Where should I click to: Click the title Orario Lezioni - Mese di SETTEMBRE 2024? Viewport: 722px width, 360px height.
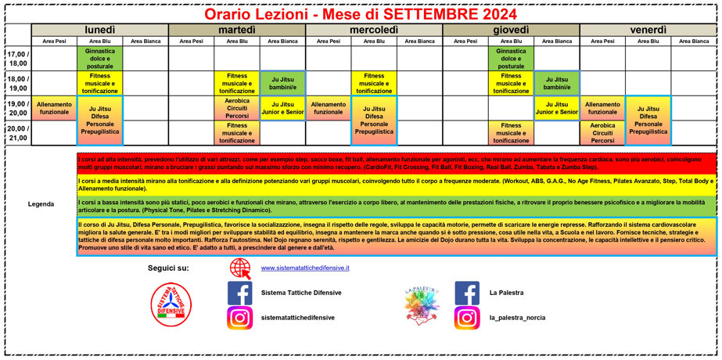[360, 13]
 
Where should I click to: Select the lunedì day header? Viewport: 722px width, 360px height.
[99, 29]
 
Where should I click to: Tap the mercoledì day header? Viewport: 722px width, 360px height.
[374, 29]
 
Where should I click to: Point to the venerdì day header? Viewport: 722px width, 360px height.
[648, 29]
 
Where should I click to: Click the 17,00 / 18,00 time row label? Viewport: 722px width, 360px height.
[18, 59]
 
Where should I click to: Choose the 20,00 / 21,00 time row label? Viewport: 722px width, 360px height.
[18, 133]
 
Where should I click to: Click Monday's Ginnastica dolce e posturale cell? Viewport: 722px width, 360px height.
[99, 59]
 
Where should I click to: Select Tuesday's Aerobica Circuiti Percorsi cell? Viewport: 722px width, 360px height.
[237, 109]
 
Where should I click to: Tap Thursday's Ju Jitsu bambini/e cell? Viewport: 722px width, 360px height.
[556, 83]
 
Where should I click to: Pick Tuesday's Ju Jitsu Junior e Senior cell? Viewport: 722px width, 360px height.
[282, 108]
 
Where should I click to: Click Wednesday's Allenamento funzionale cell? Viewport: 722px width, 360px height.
[329, 108]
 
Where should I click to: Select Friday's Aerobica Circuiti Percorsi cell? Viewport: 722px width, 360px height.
[602, 133]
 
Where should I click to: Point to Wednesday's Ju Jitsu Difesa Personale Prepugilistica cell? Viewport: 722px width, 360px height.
[374, 121]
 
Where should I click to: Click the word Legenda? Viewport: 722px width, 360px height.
[41, 203]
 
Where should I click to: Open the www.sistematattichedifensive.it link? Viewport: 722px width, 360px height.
[305, 268]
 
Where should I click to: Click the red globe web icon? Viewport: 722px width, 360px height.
[239, 268]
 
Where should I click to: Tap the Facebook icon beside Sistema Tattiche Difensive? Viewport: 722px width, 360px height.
[239, 293]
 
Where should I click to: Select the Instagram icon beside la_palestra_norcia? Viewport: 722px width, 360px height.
[467, 318]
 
